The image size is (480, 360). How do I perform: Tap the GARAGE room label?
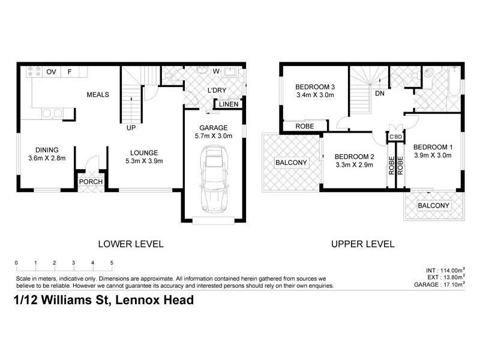(x=213, y=128)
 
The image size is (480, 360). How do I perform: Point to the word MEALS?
(x=98, y=95)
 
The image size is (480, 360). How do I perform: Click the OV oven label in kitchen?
(x=51, y=72)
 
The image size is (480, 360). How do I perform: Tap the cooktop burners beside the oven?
(x=34, y=72)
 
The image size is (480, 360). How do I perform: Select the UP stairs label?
(x=130, y=127)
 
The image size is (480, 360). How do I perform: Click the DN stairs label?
(x=379, y=94)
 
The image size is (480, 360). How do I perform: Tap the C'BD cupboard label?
(x=395, y=137)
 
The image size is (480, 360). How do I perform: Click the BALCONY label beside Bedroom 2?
(x=291, y=163)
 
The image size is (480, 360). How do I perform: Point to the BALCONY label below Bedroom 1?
(x=433, y=206)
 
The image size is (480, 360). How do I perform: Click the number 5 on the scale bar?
(x=112, y=263)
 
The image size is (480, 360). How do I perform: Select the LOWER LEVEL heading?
(x=130, y=244)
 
